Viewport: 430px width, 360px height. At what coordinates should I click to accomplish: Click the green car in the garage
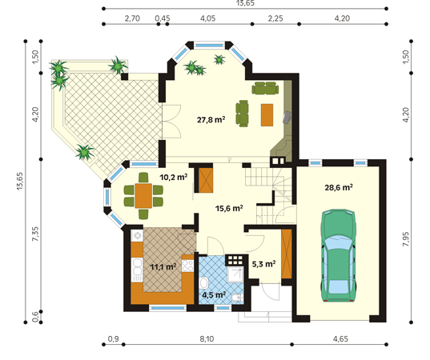click(x=339, y=256)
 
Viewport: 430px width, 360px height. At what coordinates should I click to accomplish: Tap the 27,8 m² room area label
click(x=211, y=120)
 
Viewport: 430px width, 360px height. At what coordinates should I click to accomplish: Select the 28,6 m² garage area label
click(x=339, y=187)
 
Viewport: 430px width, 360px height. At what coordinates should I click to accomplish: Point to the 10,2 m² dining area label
click(x=174, y=178)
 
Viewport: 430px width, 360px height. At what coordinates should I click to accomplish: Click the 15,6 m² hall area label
click(x=229, y=208)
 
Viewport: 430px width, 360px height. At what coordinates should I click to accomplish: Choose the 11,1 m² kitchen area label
click(x=163, y=266)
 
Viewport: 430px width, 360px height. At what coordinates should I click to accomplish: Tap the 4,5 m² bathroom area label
click(x=214, y=294)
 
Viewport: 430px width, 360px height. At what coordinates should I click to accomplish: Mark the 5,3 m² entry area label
click(x=263, y=264)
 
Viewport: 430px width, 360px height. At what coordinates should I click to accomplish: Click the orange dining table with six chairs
click(x=143, y=196)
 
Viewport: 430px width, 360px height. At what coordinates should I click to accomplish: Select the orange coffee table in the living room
click(x=267, y=115)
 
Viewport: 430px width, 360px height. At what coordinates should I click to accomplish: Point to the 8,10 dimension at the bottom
click(x=207, y=339)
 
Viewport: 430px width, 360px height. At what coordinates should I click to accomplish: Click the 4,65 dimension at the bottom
click(x=340, y=339)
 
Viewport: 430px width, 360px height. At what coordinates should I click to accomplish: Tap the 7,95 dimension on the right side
click(x=406, y=239)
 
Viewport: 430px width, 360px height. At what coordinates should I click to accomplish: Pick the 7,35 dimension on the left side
click(x=36, y=234)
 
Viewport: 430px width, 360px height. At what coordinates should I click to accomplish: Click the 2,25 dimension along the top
click(x=275, y=18)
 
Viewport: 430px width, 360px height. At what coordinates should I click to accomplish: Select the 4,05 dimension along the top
click(x=208, y=18)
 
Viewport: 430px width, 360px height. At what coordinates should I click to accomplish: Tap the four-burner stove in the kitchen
click(x=187, y=266)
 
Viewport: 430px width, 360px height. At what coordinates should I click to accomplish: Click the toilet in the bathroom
click(x=236, y=298)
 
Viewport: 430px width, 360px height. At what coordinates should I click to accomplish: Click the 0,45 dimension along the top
click(x=163, y=18)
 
